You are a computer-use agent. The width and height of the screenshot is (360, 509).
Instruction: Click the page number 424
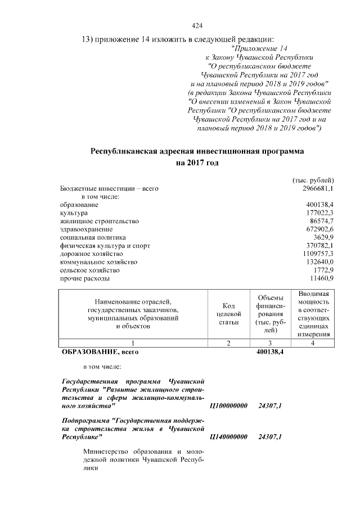pyautogui.click(x=197, y=26)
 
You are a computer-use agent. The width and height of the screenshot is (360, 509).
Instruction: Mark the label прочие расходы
pyautogui.click(x=85, y=278)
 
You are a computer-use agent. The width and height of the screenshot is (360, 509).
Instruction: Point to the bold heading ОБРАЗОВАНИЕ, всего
pyautogui.click(x=99, y=352)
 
